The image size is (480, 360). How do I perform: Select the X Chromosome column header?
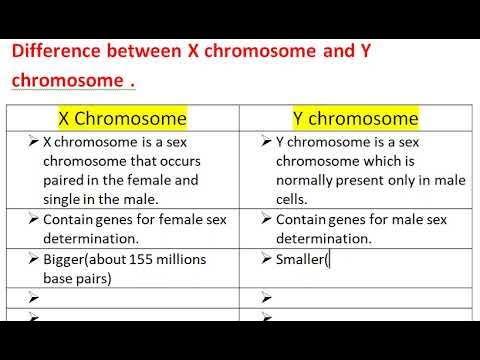coord(123,118)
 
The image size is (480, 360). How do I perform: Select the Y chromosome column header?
coord(355,118)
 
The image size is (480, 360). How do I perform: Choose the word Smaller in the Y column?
coord(299,259)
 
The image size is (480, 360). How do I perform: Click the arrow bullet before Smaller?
coord(265,259)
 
